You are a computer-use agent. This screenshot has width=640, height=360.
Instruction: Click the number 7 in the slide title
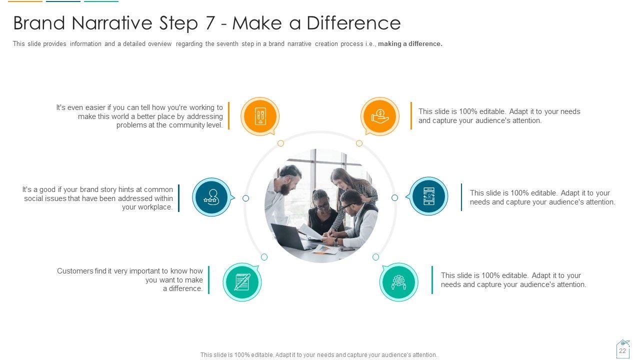209,23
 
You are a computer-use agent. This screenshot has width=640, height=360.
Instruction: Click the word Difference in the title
353,23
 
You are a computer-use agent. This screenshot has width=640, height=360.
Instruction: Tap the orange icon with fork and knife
260,116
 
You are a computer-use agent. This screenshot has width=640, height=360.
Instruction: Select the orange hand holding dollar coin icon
380,116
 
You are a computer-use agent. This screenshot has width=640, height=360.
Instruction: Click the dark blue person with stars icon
211,197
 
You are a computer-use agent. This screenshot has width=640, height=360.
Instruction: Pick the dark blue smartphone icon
428,196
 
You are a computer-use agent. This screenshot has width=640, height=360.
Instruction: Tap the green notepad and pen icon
242,282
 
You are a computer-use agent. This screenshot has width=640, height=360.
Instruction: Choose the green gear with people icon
399,282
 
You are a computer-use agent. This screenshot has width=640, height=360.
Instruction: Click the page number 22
622,351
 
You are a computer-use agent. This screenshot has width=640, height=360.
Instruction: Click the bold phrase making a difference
410,44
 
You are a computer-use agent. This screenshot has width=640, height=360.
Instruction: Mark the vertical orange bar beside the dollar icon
411,115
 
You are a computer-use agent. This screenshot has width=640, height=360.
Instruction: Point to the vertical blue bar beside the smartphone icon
461,197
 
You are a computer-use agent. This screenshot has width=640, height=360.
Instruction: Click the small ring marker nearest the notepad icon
264,257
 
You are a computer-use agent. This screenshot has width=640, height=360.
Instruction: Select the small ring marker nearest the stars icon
245,198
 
